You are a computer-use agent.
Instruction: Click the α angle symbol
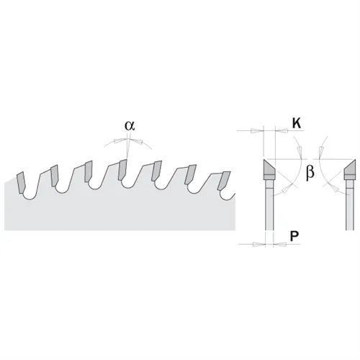point(130,126)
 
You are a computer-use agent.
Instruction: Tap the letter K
point(297,124)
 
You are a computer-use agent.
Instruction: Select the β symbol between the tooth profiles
point(310,172)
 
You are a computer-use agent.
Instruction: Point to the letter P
point(294,236)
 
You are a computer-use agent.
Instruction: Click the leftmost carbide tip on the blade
point(21,182)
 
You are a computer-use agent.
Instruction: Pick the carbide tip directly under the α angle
point(122,169)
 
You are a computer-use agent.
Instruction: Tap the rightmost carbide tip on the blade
point(224,181)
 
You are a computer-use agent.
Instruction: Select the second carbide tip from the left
point(55,176)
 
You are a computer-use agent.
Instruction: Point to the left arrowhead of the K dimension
point(257,131)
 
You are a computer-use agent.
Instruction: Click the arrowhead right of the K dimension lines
point(282,131)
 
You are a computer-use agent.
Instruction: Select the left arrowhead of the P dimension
point(259,244)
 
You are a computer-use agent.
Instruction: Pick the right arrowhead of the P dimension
point(279,244)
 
